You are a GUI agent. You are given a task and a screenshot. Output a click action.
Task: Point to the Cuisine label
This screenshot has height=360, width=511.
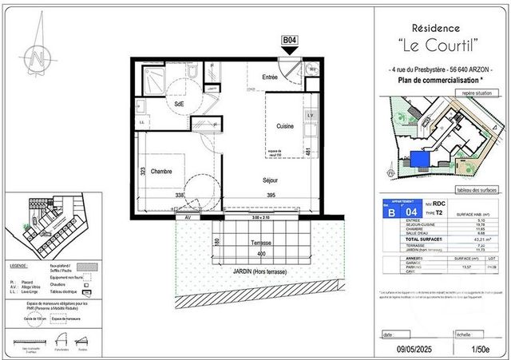pos(285,127)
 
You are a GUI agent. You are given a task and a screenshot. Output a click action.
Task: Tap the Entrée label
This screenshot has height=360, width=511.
pos(270,77)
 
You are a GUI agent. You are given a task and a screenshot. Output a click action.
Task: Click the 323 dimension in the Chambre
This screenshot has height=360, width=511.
pos(141,171)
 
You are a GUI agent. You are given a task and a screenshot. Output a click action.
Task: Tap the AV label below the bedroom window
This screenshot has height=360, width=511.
pos(188,217)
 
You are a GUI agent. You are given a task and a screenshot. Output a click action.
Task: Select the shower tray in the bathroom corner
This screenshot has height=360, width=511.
pos(153,78)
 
